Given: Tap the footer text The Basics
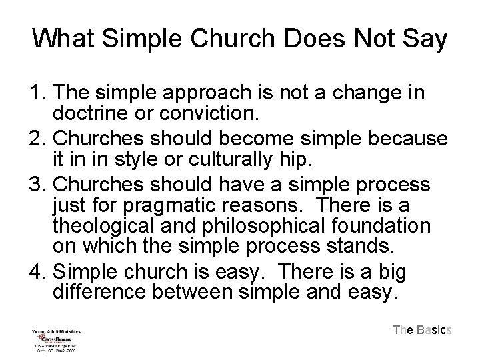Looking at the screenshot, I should [x=423, y=329].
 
